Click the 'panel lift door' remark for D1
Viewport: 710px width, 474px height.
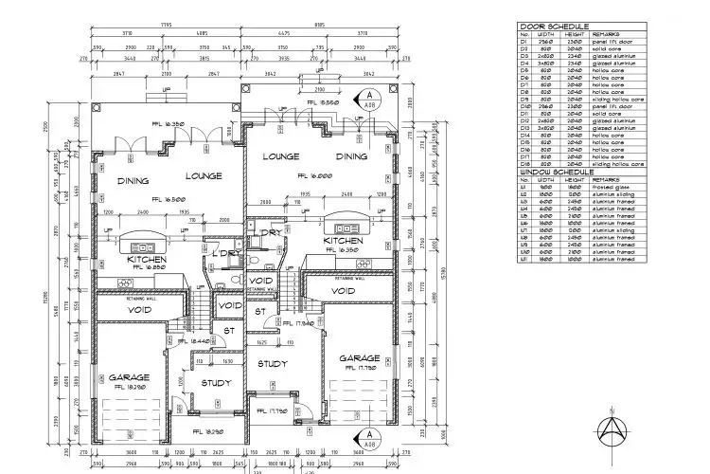pyautogui.click(x=610, y=41)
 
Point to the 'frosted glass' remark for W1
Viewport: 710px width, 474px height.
pyautogui.click(x=609, y=187)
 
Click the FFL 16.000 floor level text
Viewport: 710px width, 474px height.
pyautogui.click(x=313, y=176)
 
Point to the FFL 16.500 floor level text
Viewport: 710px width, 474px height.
pyautogui.click(x=154, y=199)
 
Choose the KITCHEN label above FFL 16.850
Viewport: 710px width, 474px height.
pyautogui.click(x=149, y=259)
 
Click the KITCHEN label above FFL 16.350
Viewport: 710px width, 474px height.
pyautogui.click(x=342, y=242)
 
